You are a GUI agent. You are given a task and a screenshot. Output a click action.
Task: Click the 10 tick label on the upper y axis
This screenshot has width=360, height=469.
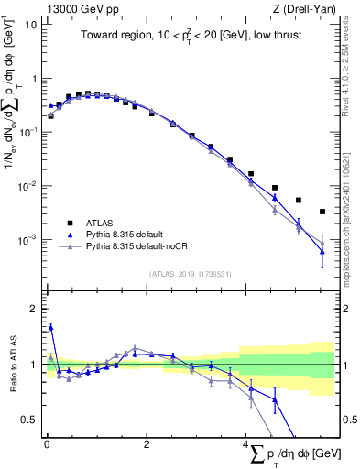pos(30,25)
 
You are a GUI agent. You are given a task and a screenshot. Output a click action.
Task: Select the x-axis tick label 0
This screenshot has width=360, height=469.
pos(46,442)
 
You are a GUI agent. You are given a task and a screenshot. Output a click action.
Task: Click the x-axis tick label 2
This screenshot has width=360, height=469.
pos(147,442)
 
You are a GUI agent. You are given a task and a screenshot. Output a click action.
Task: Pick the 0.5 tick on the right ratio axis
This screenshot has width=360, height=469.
pos(349,420)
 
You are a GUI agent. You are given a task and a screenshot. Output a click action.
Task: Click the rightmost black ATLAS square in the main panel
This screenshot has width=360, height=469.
pos(322,212)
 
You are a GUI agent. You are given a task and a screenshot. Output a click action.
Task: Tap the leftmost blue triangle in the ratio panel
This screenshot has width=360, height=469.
pos(50,326)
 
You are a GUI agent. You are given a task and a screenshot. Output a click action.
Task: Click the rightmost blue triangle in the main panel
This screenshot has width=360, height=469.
pos(322,251)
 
